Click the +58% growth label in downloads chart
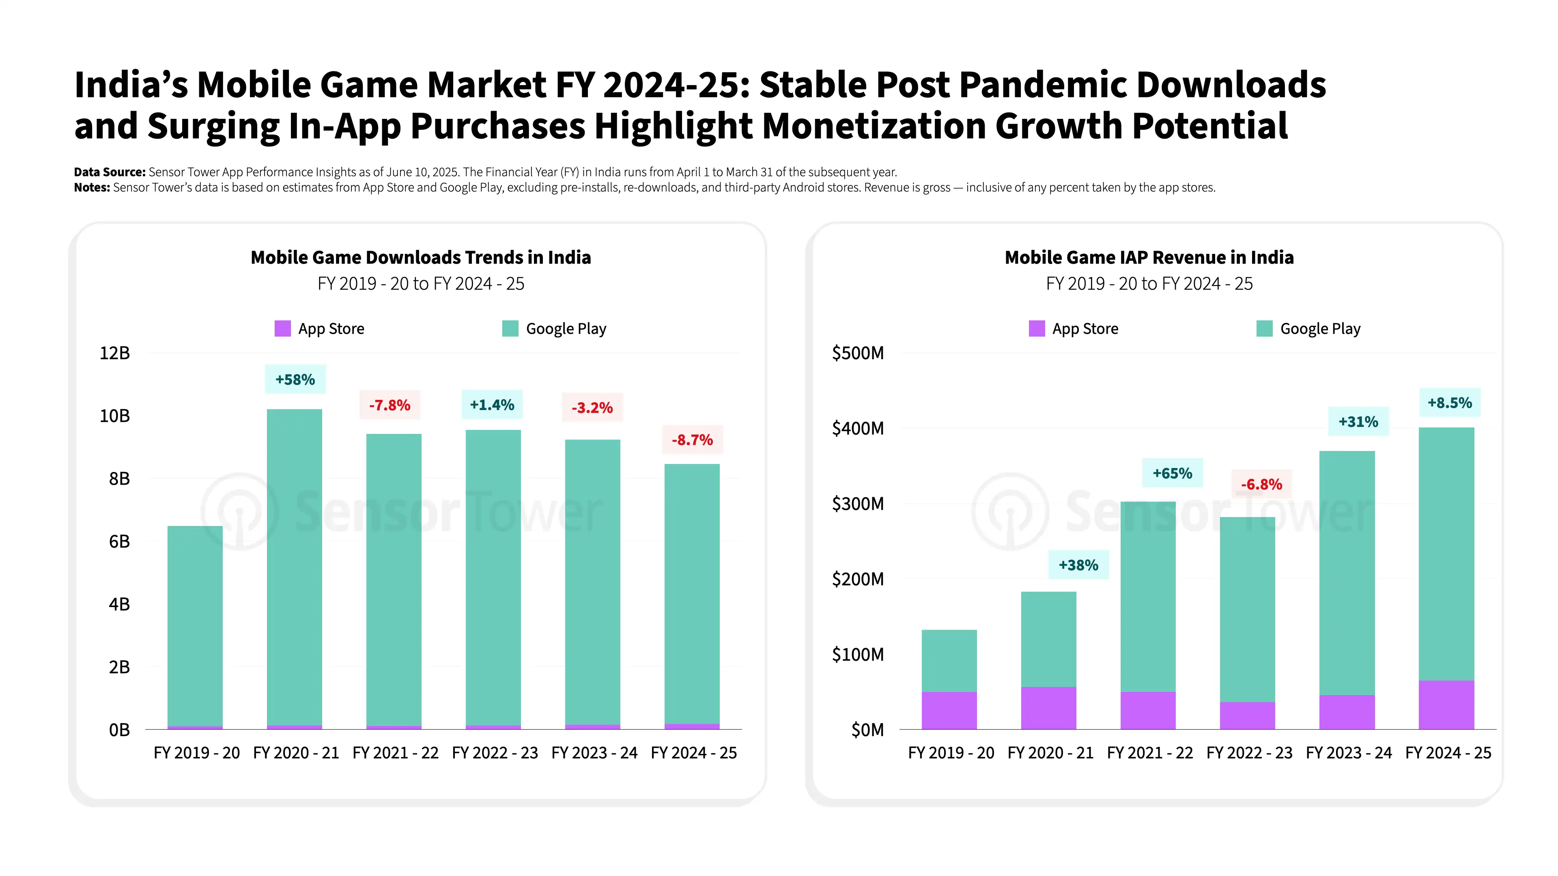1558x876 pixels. coord(295,380)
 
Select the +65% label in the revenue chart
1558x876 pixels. coord(1172,473)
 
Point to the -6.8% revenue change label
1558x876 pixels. coord(1262,484)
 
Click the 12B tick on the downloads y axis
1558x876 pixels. coord(115,353)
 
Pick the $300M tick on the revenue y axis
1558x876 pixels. coord(858,504)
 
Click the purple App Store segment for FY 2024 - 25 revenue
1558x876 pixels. coord(1446,704)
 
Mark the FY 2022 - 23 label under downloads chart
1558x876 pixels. coord(495,753)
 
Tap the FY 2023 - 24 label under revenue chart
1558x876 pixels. coord(1348,753)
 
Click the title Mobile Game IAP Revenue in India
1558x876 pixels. coord(1149,258)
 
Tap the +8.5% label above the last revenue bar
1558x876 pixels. coord(1450,403)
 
